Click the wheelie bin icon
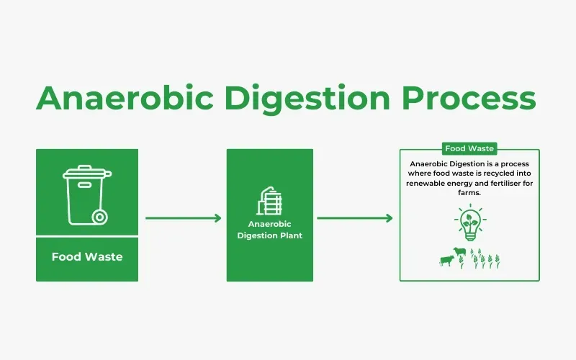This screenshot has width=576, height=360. [x=86, y=194]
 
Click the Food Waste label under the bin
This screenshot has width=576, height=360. [x=87, y=257]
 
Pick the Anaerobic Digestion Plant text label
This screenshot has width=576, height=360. [x=269, y=230]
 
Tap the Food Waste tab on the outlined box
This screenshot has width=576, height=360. [x=469, y=148]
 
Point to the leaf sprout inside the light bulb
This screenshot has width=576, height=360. [x=470, y=217]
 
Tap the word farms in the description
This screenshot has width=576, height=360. [x=469, y=193]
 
